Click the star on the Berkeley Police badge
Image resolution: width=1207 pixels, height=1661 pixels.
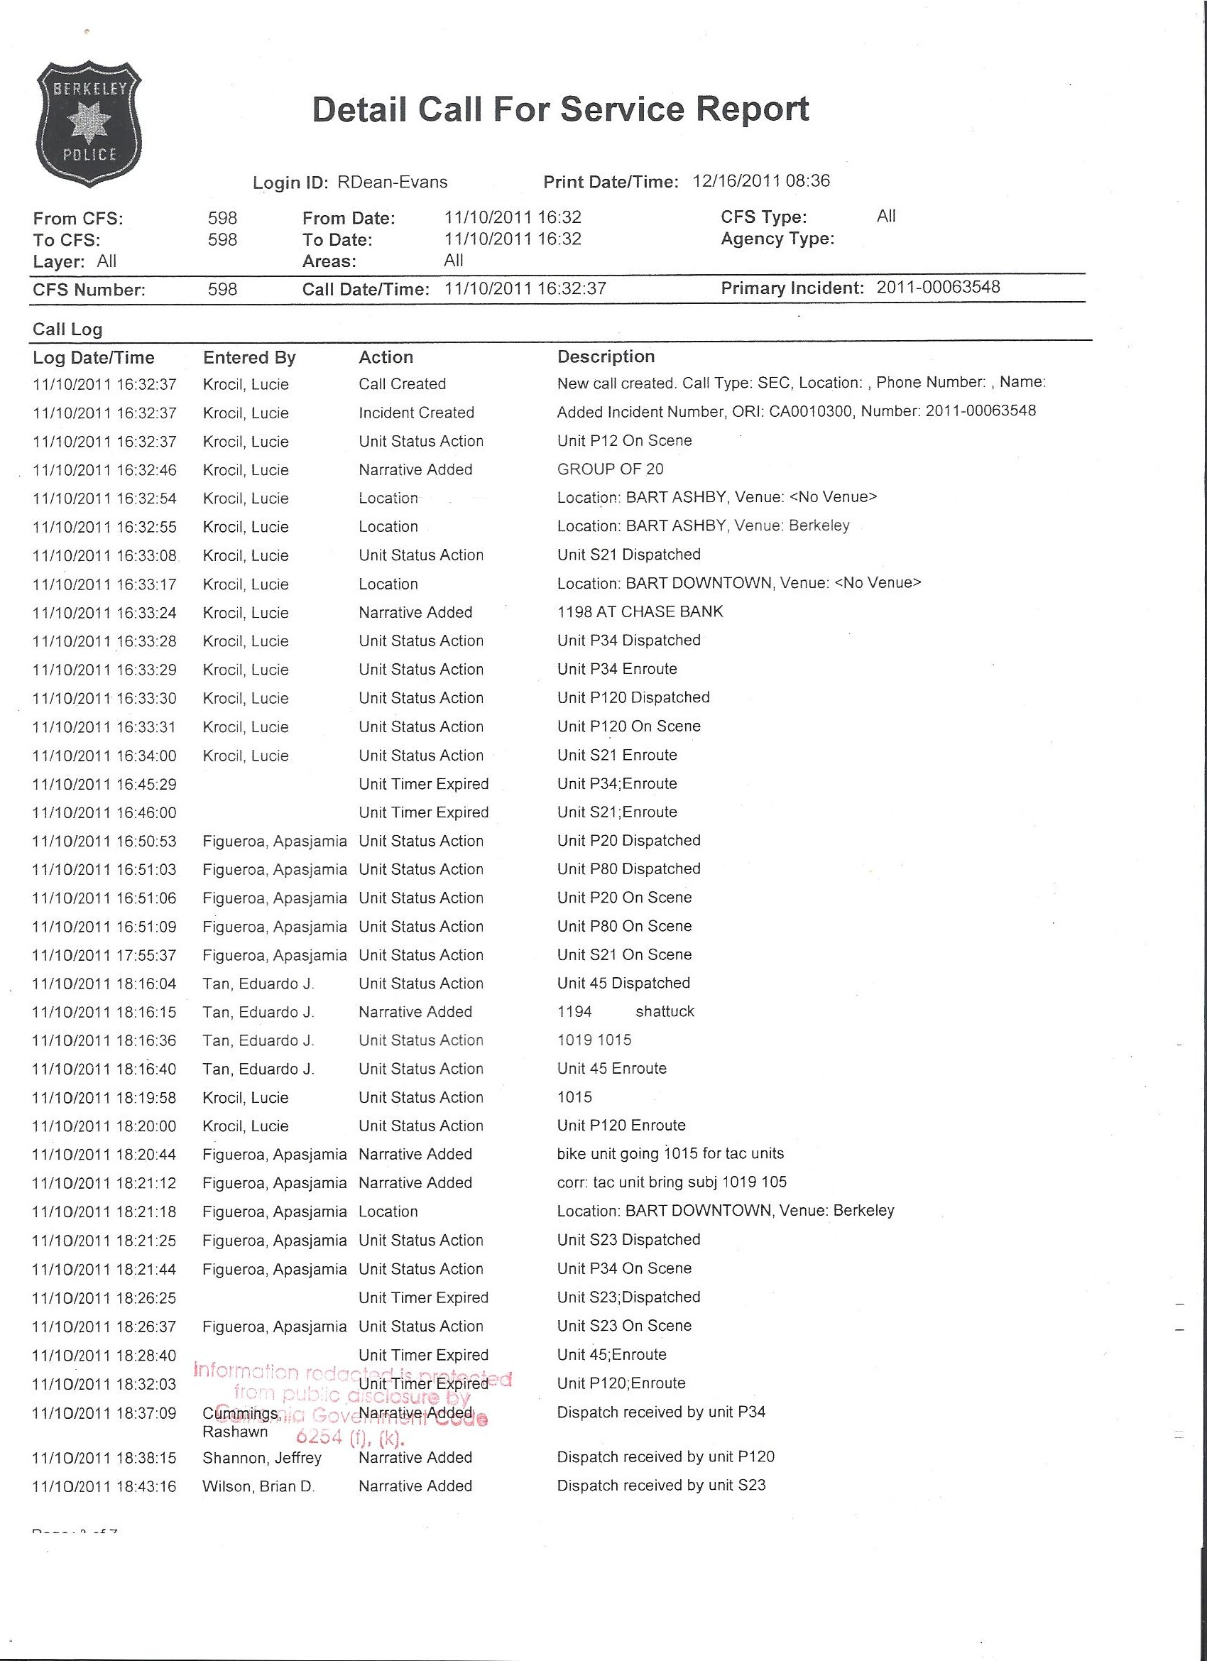(89, 123)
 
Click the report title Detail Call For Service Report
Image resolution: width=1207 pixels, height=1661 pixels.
(560, 109)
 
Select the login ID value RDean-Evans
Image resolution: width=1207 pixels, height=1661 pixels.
(392, 183)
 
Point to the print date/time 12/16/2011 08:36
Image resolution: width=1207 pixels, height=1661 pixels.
(761, 181)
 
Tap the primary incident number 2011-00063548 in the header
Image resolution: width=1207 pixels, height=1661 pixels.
(937, 287)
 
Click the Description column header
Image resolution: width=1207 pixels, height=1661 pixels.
(606, 356)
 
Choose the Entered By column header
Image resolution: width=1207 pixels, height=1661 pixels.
(249, 357)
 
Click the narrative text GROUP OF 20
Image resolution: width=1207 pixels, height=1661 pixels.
(610, 469)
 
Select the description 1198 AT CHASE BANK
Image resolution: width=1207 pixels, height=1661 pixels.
(640, 611)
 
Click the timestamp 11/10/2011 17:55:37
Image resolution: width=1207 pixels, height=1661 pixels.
(105, 955)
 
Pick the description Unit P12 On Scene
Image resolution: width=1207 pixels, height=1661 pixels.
(624, 440)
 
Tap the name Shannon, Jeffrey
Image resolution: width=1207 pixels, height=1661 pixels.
(261, 1458)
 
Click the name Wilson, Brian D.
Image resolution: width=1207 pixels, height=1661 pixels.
(258, 1487)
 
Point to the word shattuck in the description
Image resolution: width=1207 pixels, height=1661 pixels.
(665, 1011)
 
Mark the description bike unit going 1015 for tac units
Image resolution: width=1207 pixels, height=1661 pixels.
(670, 1153)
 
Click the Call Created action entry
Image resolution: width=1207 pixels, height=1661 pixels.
(402, 383)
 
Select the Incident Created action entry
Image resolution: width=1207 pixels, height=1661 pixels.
(416, 413)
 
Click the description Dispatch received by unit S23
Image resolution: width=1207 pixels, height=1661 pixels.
(660, 1485)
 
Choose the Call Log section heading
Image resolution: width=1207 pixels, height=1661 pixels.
(67, 330)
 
